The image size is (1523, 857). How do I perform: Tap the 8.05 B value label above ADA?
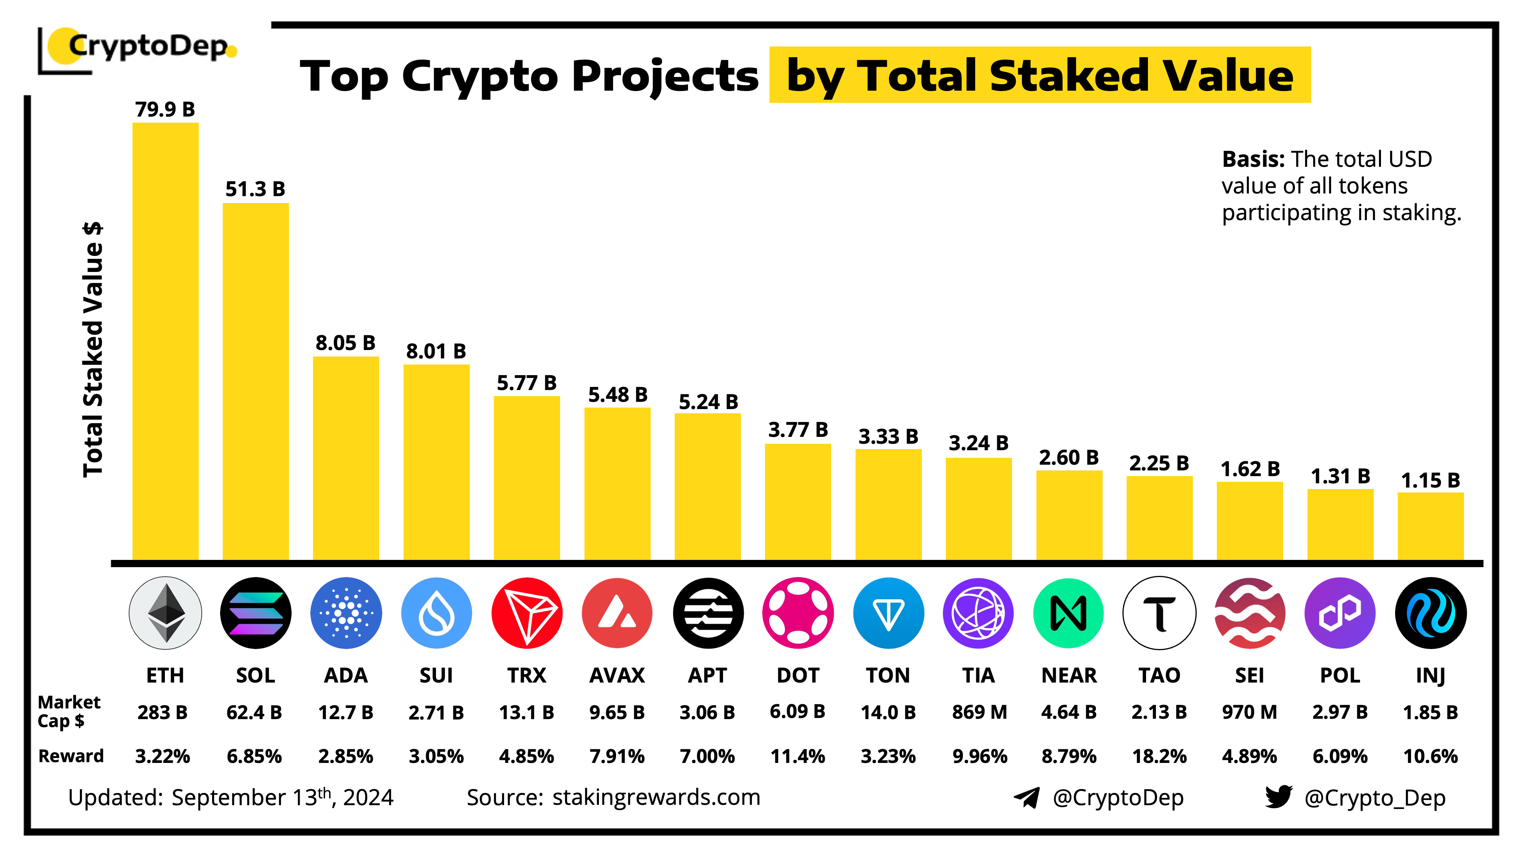click(345, 343)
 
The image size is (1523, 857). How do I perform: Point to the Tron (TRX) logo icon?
click(526, 613)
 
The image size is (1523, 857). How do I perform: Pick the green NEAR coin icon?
click(1068, 613)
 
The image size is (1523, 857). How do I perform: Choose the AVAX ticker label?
click(617, 675)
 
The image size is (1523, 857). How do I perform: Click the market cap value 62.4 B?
click(254, 712)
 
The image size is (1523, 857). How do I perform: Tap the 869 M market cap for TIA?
click(979, 712)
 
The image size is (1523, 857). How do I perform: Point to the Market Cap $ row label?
click(68, 712)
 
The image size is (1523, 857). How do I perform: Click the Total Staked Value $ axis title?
click(93, 349)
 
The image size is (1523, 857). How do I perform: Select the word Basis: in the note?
click(1253, 159)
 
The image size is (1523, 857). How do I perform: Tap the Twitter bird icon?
click(1278, 797)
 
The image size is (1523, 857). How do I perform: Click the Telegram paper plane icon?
click(1027, 797)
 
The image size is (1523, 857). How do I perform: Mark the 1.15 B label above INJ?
click(1430, 480)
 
